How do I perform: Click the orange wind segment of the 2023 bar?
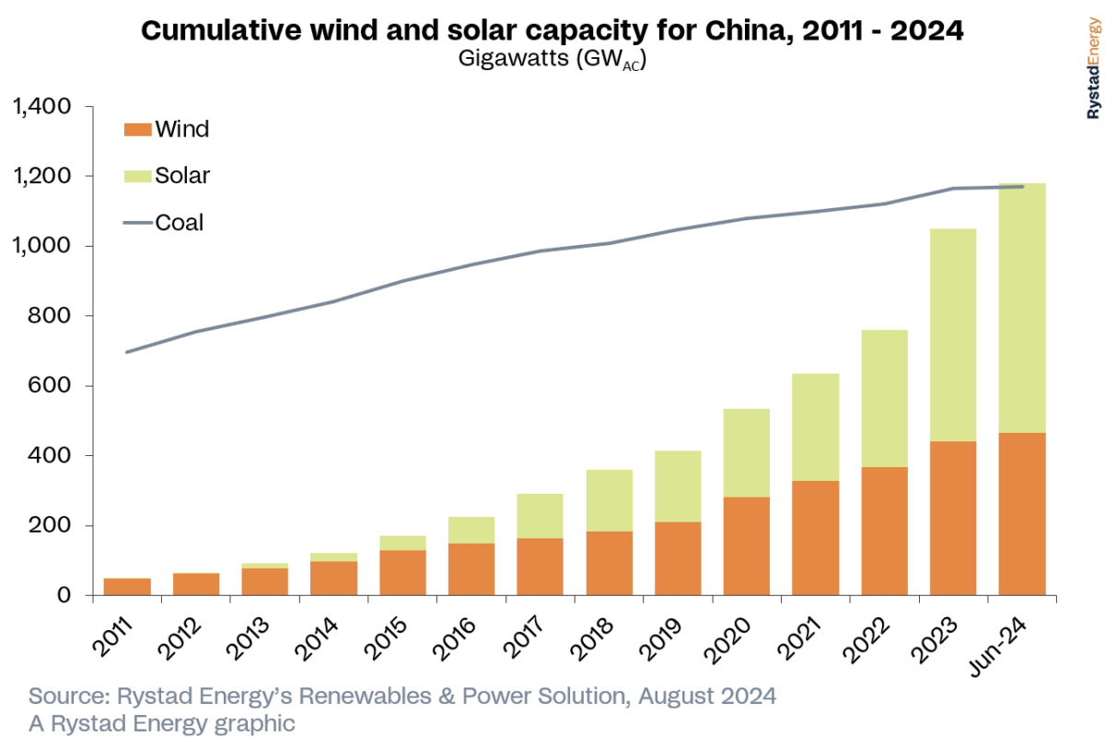coord(953,518)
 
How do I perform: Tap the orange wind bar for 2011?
coord(127,587)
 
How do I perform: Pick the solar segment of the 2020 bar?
coord(746,452)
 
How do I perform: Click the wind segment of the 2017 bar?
coord(540,567)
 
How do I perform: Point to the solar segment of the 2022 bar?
coord(884,398)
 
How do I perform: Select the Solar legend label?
coord(182,175)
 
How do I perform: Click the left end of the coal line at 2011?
coord(127,352)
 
